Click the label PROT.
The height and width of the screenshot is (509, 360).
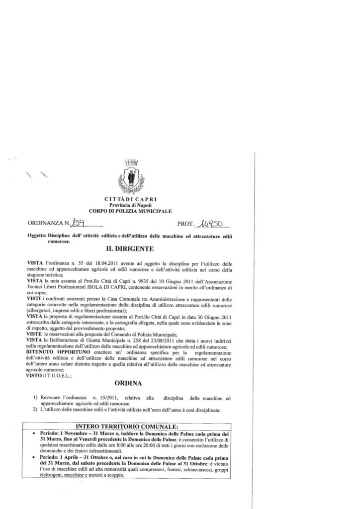click(x=186, y=226)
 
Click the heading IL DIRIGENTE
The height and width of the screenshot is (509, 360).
click(x=130, y=249)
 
